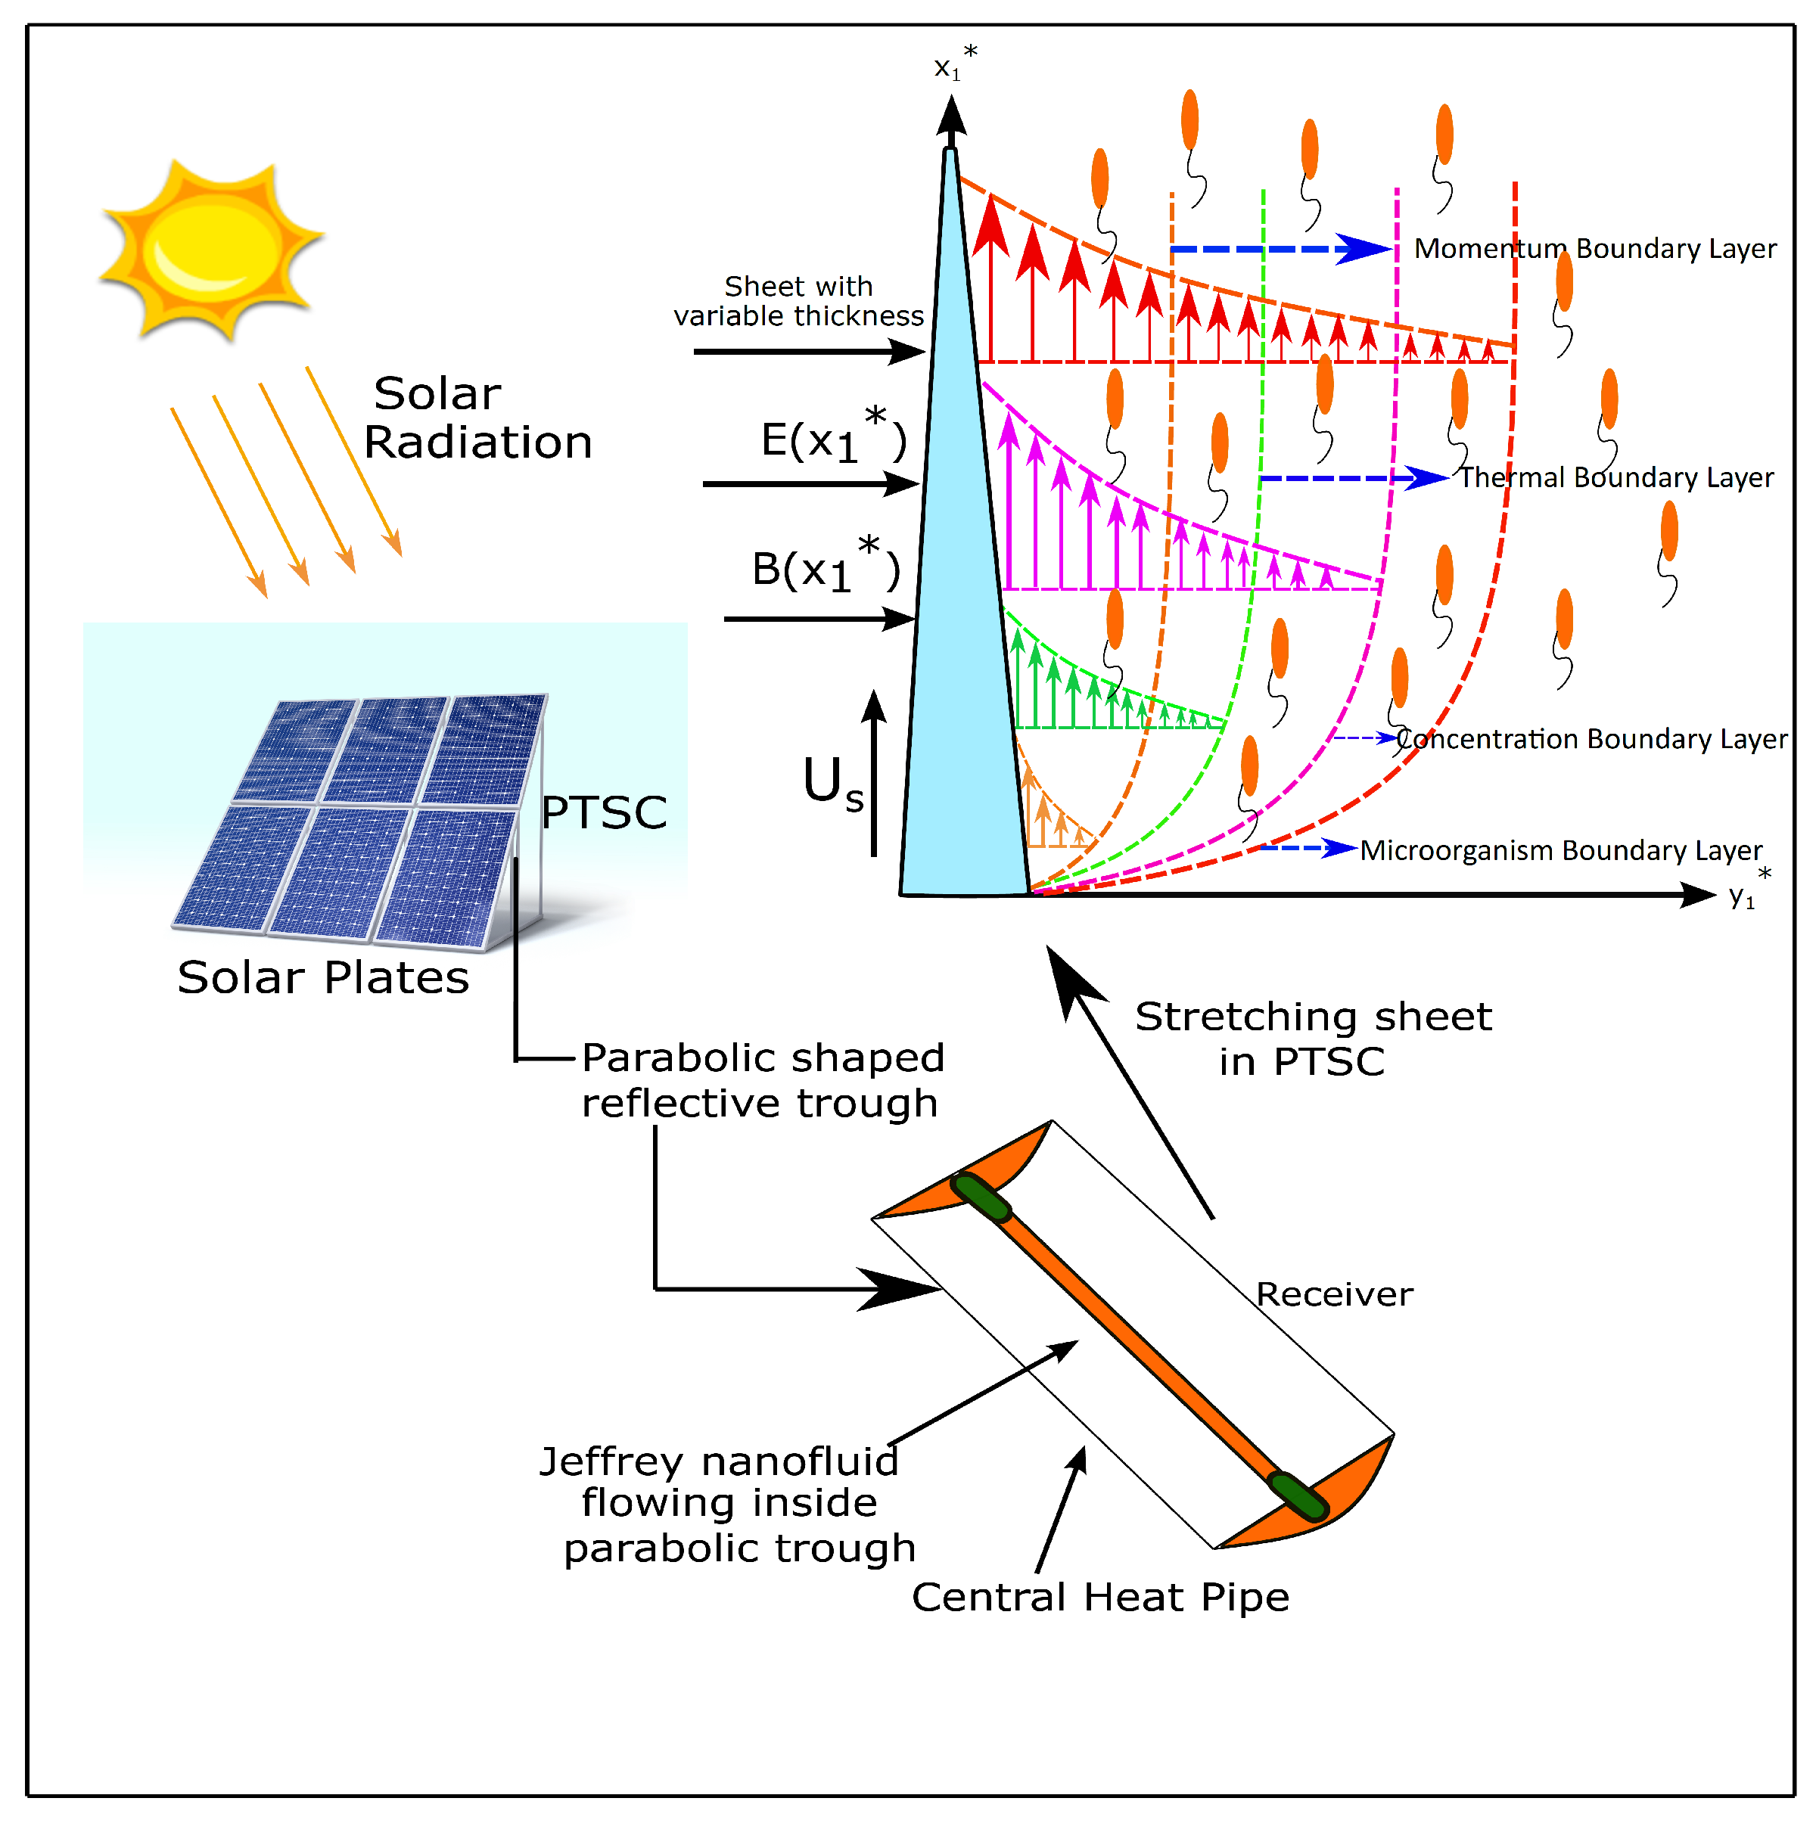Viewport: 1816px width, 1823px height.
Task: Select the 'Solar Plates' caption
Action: coord(323,977)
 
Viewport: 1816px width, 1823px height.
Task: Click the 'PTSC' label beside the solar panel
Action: coord(603,812)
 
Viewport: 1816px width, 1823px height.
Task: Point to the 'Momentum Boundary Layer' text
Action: coord(1594,249)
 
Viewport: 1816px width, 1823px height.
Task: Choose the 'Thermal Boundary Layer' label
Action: coord(1616,478)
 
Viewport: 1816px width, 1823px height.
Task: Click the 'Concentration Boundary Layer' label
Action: coord(1591,739)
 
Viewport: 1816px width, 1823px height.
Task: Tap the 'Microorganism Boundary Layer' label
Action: coord(1560,850)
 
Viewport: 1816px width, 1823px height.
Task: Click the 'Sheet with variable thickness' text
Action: coord(798,301)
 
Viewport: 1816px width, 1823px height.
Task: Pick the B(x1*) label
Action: coord(825,567)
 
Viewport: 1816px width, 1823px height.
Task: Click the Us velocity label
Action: coord(832,784)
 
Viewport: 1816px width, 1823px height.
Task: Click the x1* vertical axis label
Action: coord(953,65)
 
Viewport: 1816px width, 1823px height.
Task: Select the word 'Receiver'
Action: coord(1334,1294)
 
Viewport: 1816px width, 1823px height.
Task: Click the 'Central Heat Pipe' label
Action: coord(1099,1598)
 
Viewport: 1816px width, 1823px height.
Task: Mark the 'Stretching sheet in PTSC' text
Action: coord(1312,1039)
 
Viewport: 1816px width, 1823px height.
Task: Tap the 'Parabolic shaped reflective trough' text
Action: coord(762,1080)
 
